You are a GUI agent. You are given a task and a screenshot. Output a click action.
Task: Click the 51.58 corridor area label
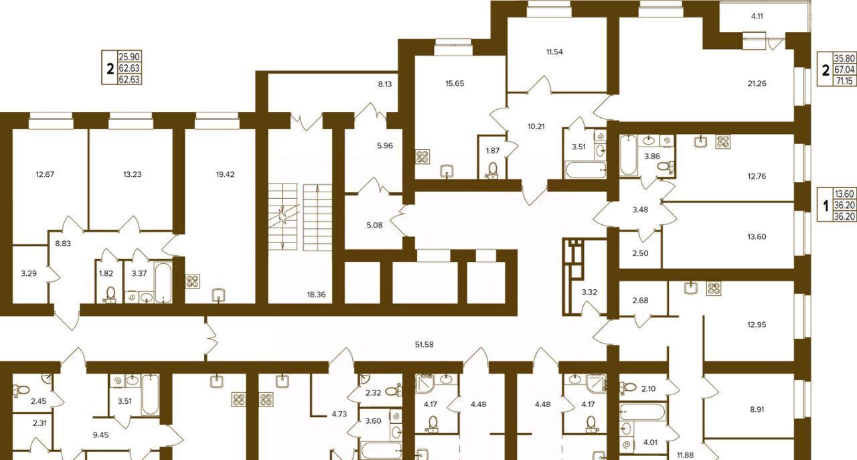[424, 344]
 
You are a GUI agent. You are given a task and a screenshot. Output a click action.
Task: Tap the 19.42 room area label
[226, 175]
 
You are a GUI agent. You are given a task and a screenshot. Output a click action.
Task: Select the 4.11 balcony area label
[757, 17]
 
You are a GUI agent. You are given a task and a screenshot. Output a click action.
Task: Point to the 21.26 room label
[757, 84]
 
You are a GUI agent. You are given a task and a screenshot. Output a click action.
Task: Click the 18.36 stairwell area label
[317, 295]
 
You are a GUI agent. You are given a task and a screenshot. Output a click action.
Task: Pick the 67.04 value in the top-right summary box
[844, 70]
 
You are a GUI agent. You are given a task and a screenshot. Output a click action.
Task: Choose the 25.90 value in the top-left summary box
[129, 57]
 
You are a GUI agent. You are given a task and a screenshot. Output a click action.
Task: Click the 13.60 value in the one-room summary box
[844, 194]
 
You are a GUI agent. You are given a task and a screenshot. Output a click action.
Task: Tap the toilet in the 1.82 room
[110, 295]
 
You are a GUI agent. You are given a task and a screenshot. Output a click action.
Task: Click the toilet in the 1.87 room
[493, 170]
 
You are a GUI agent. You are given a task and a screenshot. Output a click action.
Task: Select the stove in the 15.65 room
[422, 157]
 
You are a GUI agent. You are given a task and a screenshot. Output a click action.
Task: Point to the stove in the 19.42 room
[193, 281]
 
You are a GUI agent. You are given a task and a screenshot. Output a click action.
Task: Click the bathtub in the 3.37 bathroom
[164, 283]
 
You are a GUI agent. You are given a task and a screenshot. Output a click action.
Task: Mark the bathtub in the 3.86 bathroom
[628, 155]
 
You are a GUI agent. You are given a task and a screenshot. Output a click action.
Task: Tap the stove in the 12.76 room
[722, 141]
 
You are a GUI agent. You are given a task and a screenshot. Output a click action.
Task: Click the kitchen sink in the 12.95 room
[691, 287]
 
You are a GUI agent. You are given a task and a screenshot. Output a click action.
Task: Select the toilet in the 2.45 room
[23, 390]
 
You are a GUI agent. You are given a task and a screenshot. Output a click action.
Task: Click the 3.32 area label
[589, 293]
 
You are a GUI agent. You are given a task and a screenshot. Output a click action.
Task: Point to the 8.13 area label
[385, 84]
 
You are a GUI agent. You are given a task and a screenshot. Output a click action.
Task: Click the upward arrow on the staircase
[317, 218]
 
